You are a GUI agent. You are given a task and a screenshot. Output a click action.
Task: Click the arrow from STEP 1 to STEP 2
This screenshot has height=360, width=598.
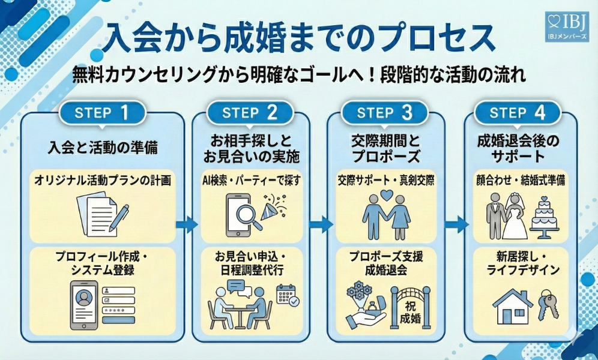pyautogui.click(x=187, y=226)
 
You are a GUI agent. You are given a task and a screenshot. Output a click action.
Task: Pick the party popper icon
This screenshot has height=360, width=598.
pyautogui.click(x=273, y=208)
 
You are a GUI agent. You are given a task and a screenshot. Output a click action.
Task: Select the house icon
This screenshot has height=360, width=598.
pyautogui.click(x=512, y=307)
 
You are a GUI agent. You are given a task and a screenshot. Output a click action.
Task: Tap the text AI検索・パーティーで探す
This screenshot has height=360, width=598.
pyautogui.click(x=252, y=179)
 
